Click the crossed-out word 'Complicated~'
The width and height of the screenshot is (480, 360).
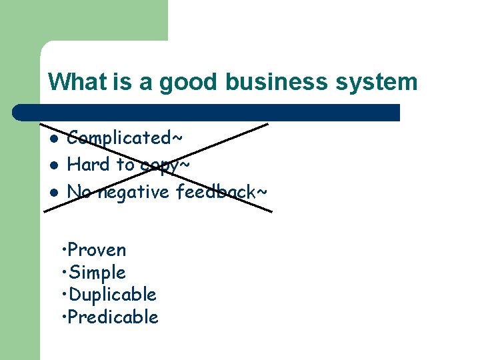(125, 138)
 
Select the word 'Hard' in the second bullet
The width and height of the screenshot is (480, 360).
(85, 164)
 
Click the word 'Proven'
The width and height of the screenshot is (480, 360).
(97, 250)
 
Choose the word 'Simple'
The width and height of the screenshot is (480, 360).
(97, 273)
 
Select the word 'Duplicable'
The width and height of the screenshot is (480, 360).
(113, 295)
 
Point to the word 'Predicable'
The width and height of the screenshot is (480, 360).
(113, 317)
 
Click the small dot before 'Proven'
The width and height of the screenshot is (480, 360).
(63, 250)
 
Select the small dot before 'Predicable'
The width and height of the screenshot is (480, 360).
(63, 317)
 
